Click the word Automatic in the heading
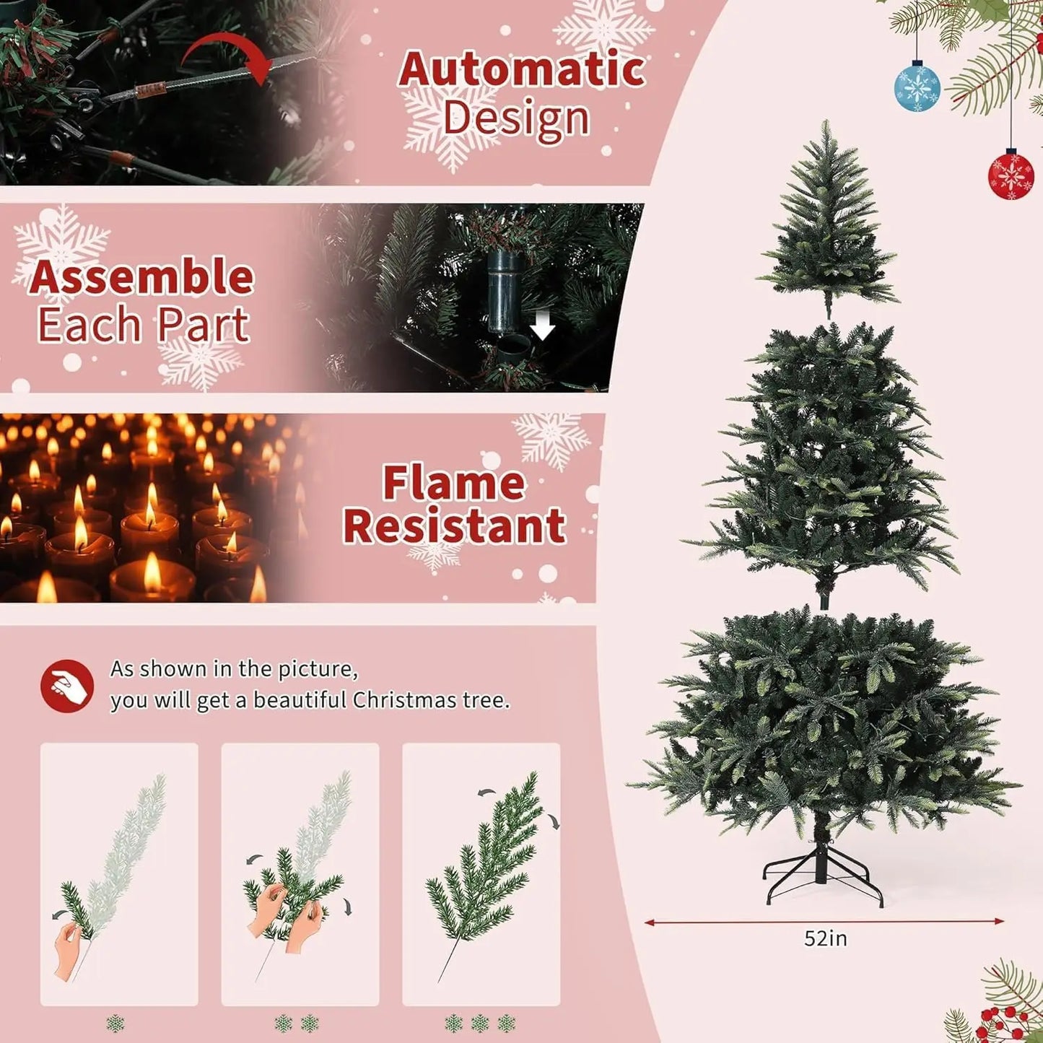[x=521, y=69]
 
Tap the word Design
[x=516, y=118]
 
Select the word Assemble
[x=141, y=277]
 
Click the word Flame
[x=453, y=483]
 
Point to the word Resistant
[x=454, y=526]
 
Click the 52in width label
[x=825, y=938]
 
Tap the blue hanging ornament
[x=917, y=87]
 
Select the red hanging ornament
[x=1011, y=174]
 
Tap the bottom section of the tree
[x=823, y=722]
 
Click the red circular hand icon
[x=67, y=686]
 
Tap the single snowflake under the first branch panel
[x=115, y=1024]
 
